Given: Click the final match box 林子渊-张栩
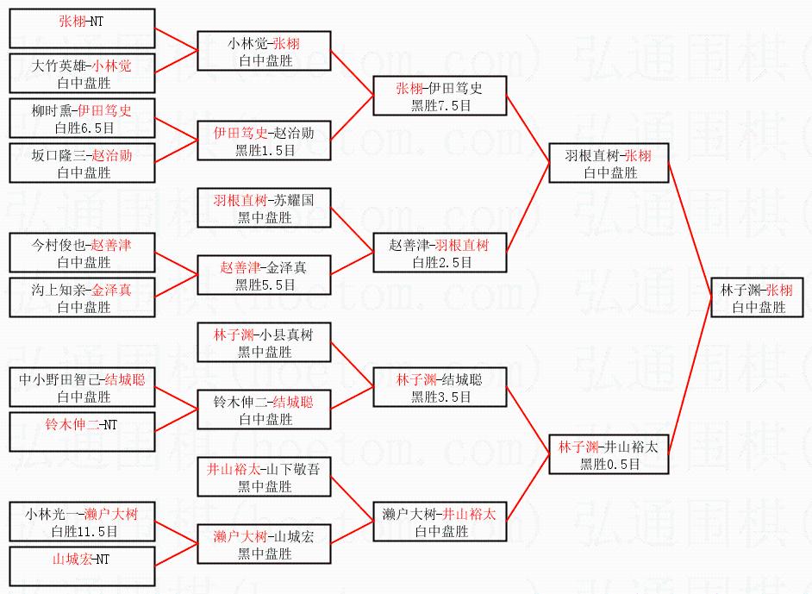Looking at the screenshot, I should [756, 297].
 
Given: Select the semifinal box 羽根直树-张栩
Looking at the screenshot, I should [609, 163].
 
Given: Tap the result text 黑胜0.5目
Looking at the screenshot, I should [609, 464].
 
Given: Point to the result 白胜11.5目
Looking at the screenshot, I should [83, 530].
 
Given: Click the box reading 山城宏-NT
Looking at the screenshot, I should [82, 566].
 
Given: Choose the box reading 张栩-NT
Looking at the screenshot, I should [82, 28].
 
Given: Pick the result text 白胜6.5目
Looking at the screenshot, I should [83, 127].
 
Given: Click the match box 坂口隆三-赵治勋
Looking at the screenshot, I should [82, 163].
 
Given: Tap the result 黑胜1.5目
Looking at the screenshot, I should [265, 149].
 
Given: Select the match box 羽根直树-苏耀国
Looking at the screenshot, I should [264, 208].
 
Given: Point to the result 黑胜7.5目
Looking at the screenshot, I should [440, 105].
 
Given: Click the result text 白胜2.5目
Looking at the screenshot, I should [440, 262].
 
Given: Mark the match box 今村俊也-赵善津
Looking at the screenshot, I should [82, 253].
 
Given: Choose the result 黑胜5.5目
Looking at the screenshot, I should [265, 284].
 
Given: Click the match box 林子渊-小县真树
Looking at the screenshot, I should [264, 342].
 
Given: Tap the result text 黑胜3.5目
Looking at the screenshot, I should [440, 397].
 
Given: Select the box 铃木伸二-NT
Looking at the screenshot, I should [82, 432].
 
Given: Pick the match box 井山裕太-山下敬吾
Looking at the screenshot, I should [264, 477].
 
